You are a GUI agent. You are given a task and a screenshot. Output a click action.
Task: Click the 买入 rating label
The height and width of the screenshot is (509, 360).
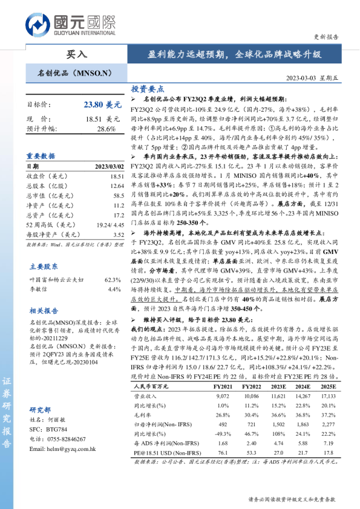76,54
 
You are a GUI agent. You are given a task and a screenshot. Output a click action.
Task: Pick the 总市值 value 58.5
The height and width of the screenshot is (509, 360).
118,196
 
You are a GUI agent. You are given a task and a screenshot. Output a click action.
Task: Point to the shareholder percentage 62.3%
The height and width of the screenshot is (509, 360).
113,280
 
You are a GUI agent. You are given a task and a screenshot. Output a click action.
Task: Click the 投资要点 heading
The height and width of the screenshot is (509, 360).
147,88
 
